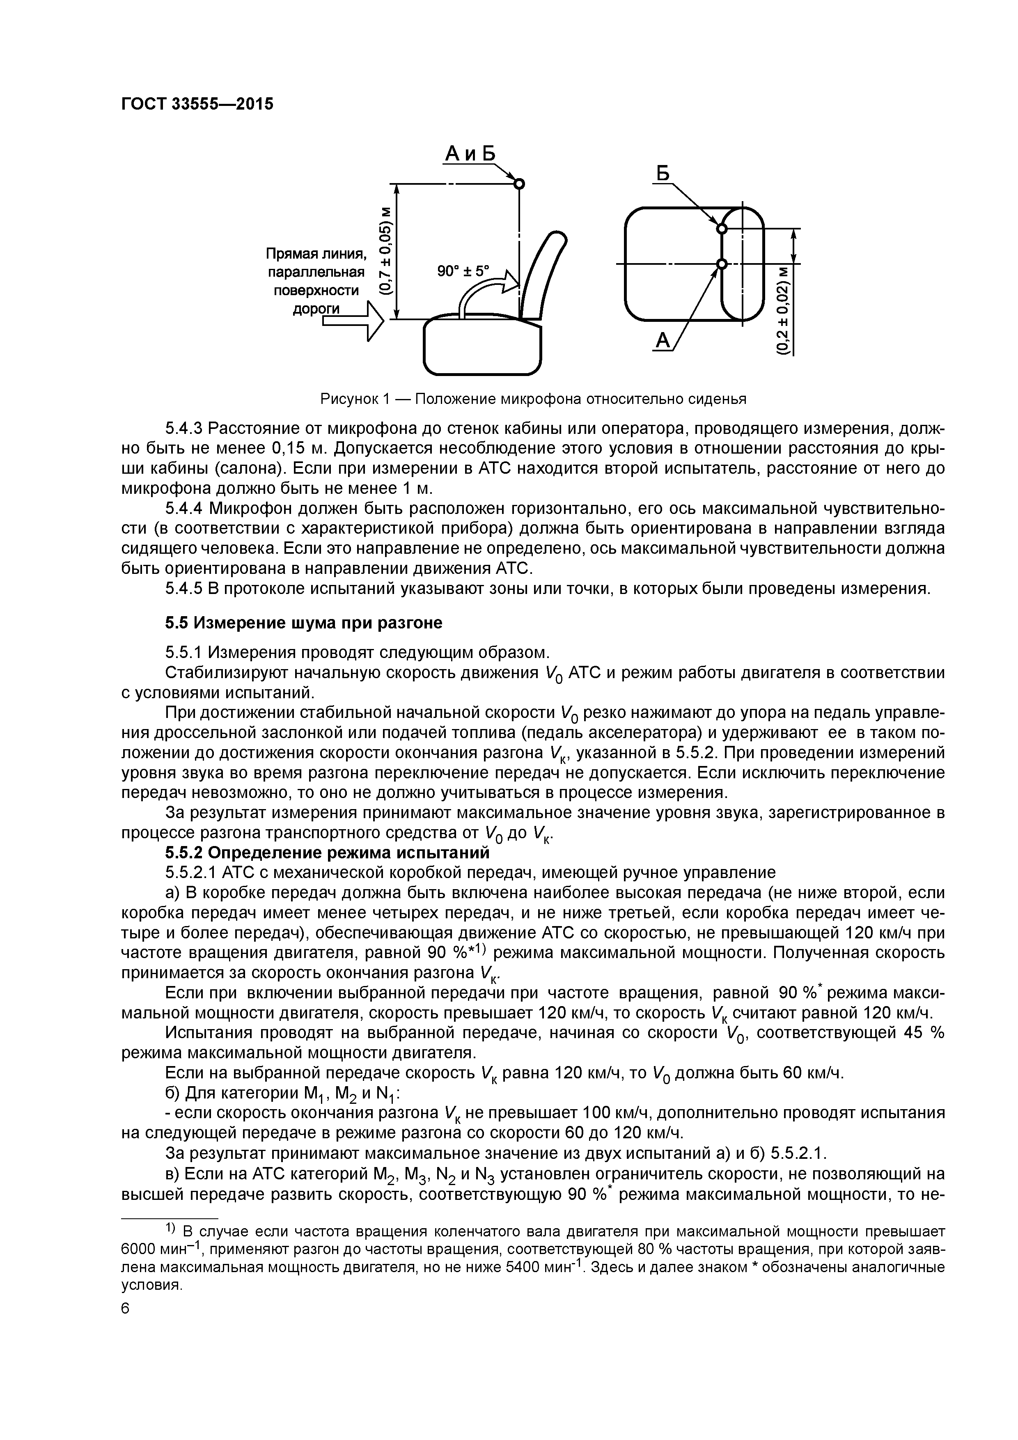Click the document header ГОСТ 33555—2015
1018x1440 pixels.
pyautogui.click(x=197, y=104)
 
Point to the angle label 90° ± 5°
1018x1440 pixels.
pyautogui.click(x=463, y=271)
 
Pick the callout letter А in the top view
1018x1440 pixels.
pyautogui.click(x=663, y=341)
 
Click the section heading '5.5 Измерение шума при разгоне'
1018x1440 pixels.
pyautogui.click(x=304, y=623)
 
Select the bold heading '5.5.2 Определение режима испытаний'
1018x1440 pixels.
pyautogui.click(x=326, y=853)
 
